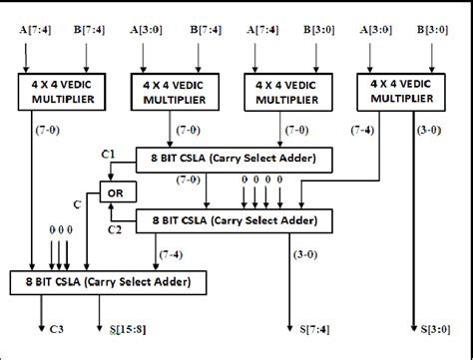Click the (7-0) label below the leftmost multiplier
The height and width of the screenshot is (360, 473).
tap(47, 131)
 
